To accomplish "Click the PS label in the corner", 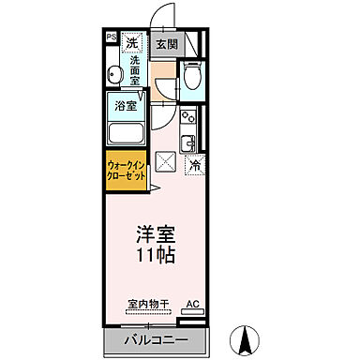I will (x=110, y=38).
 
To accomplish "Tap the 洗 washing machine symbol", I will (x=132, y=43).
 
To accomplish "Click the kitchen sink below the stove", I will (x=187, y=142).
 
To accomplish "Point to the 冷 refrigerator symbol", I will (x=194, y=165).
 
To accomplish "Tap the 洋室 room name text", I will (x=158, y=235).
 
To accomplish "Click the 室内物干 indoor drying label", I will (x=147, y=305).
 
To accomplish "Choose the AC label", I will (x=191, y=305).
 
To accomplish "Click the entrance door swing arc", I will (x=161, y=16).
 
